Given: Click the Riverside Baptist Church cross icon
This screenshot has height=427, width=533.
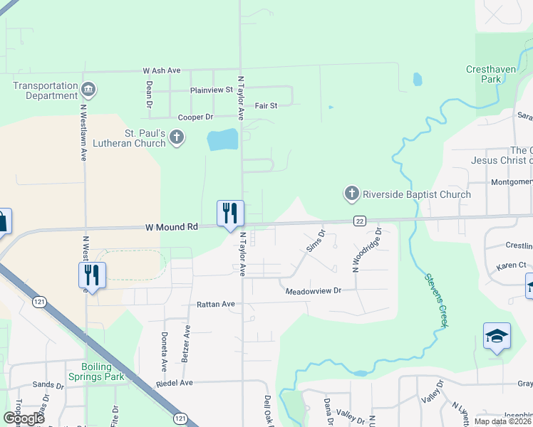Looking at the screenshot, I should (351, 194).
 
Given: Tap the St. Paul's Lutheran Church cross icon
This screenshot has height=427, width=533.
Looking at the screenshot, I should (177, 137).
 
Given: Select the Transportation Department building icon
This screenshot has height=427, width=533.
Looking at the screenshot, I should (88, 90).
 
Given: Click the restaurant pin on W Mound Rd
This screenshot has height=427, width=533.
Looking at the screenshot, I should (230, 213).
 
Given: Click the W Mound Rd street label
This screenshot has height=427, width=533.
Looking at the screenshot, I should (171, 227).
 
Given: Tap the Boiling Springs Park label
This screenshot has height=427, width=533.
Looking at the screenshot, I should (98, 371).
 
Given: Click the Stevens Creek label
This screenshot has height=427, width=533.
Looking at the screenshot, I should (436, 300).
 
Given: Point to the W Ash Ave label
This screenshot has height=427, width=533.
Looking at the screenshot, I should (162, 71).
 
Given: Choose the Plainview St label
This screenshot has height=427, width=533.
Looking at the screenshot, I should (212, 90).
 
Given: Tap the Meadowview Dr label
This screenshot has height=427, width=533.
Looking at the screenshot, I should (314, 291).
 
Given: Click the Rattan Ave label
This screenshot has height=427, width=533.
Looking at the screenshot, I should (216, 304).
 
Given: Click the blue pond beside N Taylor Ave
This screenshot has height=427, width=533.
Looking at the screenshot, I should (223, 139).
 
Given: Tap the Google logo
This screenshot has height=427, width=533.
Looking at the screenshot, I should (24, 418).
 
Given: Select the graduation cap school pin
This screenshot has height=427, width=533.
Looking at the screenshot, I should (497, 336).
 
